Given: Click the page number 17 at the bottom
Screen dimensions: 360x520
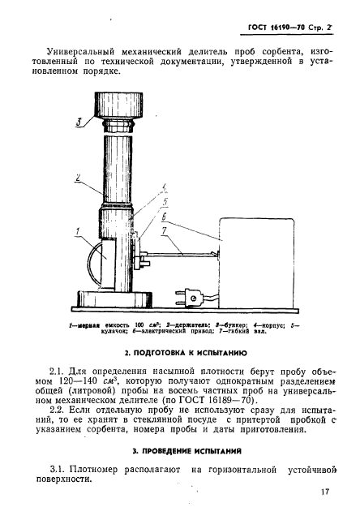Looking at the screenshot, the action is [x=325, y=491].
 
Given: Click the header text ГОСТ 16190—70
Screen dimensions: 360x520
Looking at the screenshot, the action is [x=276, y=28].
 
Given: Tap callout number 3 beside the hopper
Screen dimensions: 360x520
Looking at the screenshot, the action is [x=79, y=122].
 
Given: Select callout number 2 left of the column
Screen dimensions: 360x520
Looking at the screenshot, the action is [x=78, y=177].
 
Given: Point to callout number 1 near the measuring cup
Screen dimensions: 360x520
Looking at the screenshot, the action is [x=77, y=231].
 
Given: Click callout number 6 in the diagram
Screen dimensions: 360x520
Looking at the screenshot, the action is [x=164, y=217].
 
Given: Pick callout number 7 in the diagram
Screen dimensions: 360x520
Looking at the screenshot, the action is [x=165, y=231].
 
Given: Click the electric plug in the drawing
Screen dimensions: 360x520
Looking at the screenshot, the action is [x=188, y=298].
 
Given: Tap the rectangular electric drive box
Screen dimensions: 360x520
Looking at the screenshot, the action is [x=256, y=263].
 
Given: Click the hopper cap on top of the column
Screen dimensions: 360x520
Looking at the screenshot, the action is [x=118, y=105].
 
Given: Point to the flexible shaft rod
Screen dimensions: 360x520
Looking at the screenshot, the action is [x=182, y=255].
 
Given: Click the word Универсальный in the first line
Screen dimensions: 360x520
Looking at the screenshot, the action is [x=80, y=51].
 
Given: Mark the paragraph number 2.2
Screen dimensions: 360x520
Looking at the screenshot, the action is [x=57, y=410].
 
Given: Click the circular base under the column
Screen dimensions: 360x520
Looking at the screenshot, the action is [x=114, y=299].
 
